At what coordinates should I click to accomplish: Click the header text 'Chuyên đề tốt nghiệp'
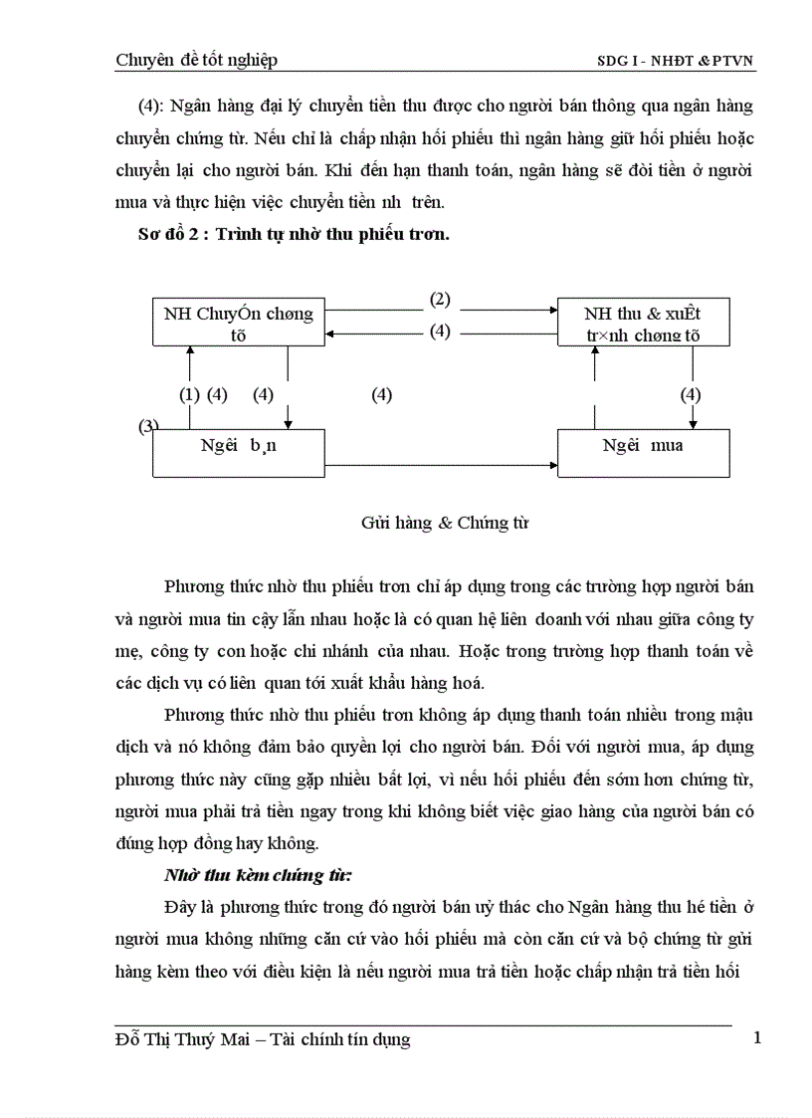point(196,60)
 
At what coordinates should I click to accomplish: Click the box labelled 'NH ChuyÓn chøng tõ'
point(238,324)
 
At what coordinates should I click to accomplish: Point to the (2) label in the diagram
point(440,299)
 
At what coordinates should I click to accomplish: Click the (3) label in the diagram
point(148,426)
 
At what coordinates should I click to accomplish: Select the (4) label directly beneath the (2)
point(440,332)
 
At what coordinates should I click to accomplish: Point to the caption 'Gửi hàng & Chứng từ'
point(444,523)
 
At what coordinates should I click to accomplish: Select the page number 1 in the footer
point(757,1038)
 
